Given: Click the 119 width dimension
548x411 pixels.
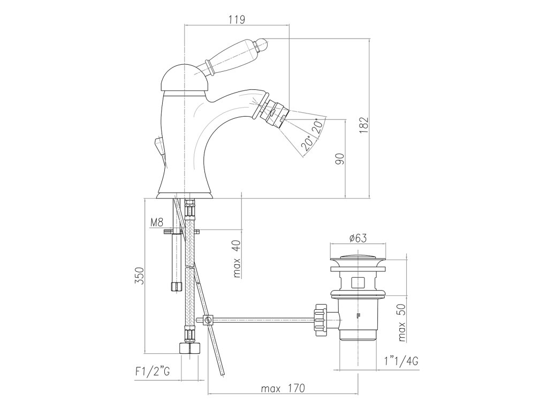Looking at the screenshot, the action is [x=237, y=19].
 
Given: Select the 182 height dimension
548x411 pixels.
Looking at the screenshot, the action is [x=363, y=124].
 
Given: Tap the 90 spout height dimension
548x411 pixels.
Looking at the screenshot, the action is [x=341, y=159].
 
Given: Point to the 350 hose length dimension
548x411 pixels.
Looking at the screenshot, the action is [x=140, y=276].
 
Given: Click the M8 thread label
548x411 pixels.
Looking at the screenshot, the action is [x=157, y=222].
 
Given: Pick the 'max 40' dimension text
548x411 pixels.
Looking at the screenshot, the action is [x=237, y=260].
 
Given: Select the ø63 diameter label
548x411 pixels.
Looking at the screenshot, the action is [x=357, y=238].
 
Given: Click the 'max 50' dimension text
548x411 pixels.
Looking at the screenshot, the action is [x=402, y=322].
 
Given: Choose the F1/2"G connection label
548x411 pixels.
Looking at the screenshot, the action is [x=153, y=371].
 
